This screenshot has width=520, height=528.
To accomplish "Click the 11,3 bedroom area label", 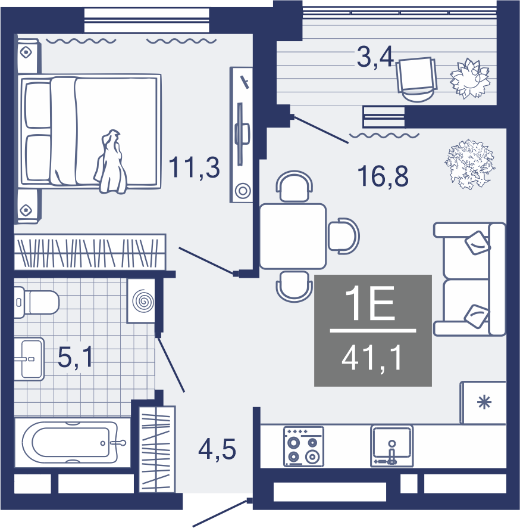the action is point(194,167).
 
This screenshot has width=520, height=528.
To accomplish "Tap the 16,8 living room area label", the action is point(383,176).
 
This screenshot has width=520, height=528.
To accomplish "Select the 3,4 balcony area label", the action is point(375,57).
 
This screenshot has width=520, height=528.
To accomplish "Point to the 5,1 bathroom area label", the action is point(76,358).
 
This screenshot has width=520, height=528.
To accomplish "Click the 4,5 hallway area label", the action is point(217,449).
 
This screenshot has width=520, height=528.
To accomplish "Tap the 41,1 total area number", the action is point(372,358).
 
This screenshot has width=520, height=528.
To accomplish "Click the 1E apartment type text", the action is point(370,303).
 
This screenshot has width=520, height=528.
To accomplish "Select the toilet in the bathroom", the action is point(36,302).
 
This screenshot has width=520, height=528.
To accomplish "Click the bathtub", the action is point(72,442).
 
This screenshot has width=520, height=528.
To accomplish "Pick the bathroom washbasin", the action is point(29,359).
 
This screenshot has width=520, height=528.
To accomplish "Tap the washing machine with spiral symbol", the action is point(141,301).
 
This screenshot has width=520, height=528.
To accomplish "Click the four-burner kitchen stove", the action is point(303,446).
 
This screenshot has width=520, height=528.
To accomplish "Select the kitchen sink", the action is point(392,446).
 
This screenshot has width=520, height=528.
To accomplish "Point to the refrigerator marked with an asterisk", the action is point(483,402).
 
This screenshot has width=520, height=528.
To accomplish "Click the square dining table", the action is point(293,236).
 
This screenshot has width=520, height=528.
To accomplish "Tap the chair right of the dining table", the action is point(344,236).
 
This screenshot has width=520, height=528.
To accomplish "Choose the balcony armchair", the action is point(416,79).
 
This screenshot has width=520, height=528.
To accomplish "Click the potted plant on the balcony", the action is point(470,78).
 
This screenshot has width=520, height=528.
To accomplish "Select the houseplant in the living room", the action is point(469,164).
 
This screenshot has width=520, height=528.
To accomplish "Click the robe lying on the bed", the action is point(111,161).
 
